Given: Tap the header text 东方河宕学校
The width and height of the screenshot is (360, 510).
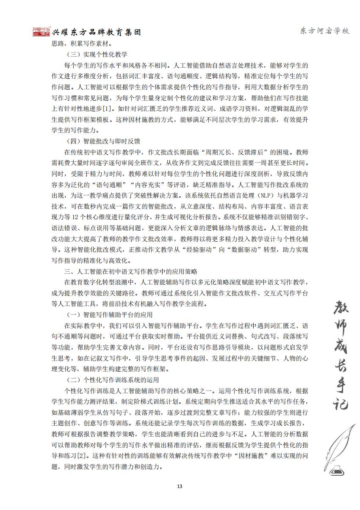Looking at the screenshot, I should tap(325, 31).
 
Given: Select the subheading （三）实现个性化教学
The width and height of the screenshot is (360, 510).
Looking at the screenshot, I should tap(97, 55).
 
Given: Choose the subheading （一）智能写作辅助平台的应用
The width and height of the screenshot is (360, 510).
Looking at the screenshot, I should tap(110, 315).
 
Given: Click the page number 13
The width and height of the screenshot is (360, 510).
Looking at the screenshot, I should tap(180, 486).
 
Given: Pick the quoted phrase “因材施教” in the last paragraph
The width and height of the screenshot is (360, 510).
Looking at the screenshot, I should tap(262, 455).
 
